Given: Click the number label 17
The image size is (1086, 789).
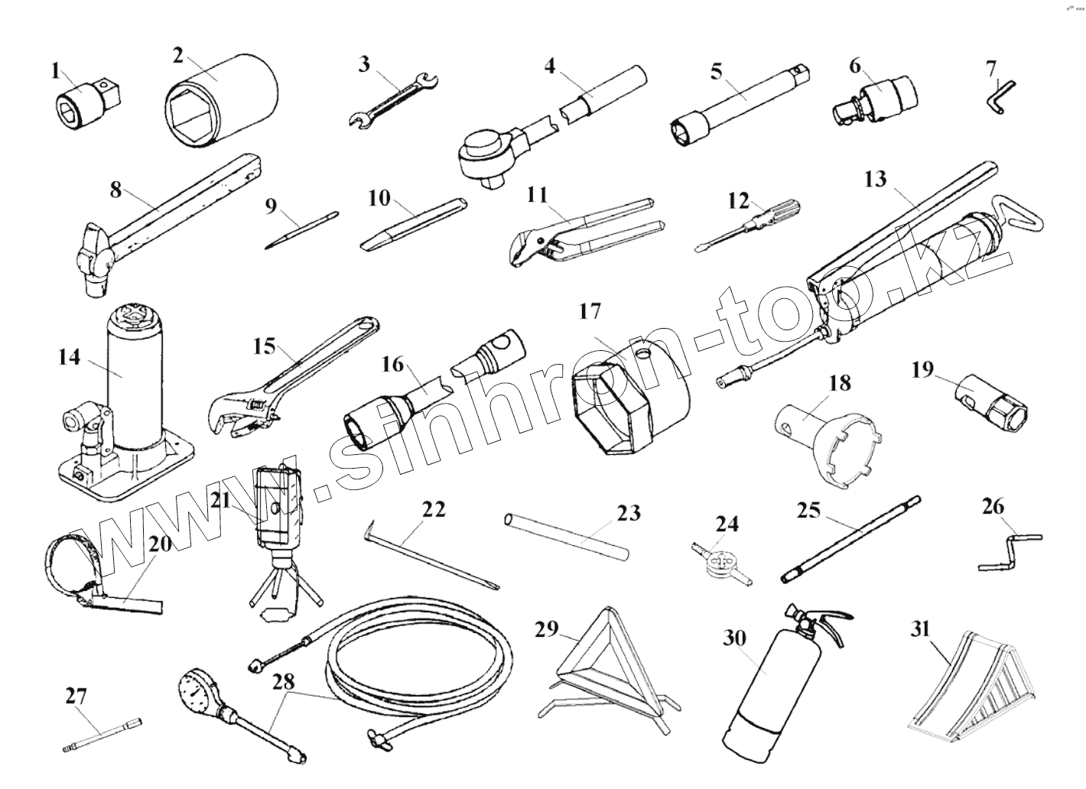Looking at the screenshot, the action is pos(590,311).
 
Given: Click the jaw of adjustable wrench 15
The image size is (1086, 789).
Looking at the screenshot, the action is pos(233,417).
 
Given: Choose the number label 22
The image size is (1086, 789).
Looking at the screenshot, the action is pos(434,509).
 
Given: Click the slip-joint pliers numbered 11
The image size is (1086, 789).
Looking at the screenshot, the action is pos(581,229).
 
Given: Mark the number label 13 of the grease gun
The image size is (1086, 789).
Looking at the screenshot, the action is pos(875,179).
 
